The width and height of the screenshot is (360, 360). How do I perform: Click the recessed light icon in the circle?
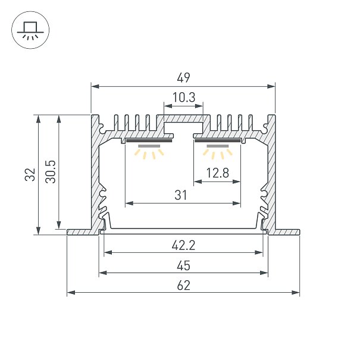click(30, 30)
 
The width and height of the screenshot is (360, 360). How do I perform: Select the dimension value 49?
click(183, 78)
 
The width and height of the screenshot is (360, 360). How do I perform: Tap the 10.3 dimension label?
click(184, 98)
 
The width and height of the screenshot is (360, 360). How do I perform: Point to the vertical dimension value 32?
click(30, 175)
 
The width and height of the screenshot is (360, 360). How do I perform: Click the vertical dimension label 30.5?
click(51, 172)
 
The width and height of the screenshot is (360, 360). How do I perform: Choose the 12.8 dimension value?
click(217, 173)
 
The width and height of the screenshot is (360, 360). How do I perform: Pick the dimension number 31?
click(181, 195)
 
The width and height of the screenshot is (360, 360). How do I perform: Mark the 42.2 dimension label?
click(183, 245)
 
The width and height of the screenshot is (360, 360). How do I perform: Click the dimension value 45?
click(183, 265)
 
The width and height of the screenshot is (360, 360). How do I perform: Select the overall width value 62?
click(183, 286)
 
